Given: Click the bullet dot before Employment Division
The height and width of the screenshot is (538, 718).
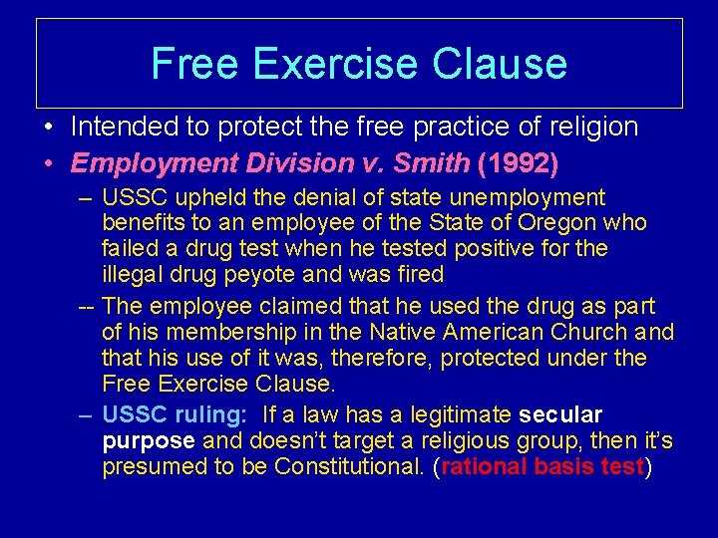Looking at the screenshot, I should [x=48, y=161].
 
